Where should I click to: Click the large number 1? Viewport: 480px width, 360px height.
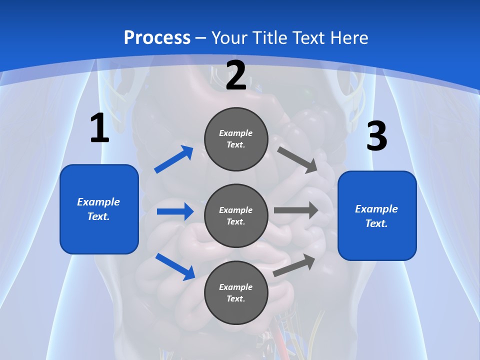pos(99,128)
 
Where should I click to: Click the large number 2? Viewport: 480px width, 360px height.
pos(236,76)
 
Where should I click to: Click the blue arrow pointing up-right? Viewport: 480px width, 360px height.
pos(174,159)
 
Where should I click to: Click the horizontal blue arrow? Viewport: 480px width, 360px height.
pos(175,211)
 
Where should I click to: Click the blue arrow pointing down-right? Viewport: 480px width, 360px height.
pos(175,266)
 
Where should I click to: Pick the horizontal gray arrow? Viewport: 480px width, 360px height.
pos(296,210)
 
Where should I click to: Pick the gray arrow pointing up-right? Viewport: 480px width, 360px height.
pos(294,265)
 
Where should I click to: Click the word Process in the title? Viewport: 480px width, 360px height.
pos(157,37)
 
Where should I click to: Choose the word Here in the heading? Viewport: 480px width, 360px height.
pos(349,37)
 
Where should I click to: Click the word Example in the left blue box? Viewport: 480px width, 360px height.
pos(98,202)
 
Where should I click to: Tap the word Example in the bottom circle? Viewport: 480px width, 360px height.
pos(236,287)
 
